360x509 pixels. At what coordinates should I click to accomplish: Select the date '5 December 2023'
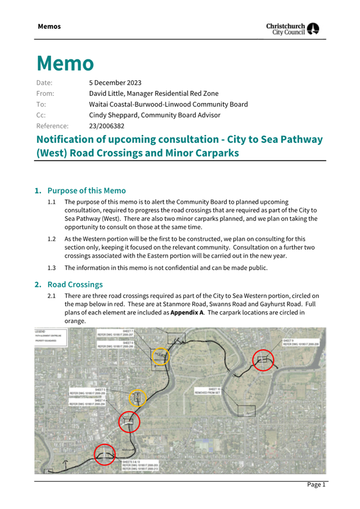point(115,83)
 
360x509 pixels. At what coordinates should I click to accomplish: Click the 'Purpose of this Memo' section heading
point(86,190)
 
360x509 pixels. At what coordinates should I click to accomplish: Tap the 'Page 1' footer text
point(316,484)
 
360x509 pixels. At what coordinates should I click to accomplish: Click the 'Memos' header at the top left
point(49,27)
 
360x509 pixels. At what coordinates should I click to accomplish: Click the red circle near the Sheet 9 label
point(262,360)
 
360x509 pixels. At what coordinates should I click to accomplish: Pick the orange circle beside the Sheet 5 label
point(138,398)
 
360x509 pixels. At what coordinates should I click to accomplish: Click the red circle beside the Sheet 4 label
point(129,422)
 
